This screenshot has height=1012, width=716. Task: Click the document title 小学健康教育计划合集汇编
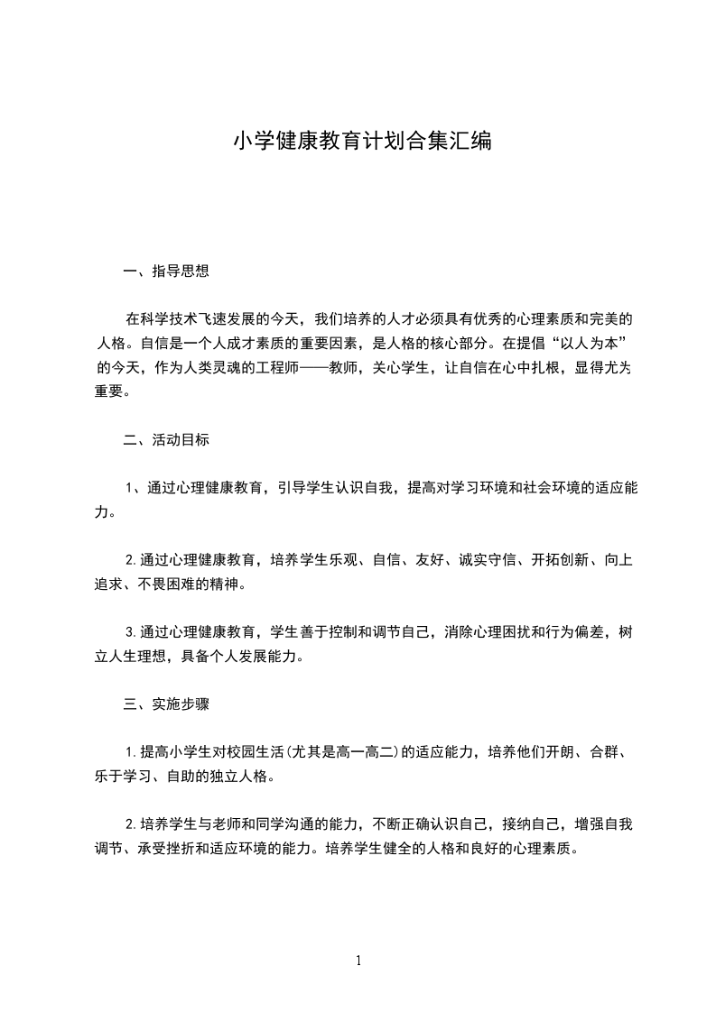pos(362,142)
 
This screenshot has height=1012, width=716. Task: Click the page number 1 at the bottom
pos(358,961)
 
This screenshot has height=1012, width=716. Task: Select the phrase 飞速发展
pos(240,319)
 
